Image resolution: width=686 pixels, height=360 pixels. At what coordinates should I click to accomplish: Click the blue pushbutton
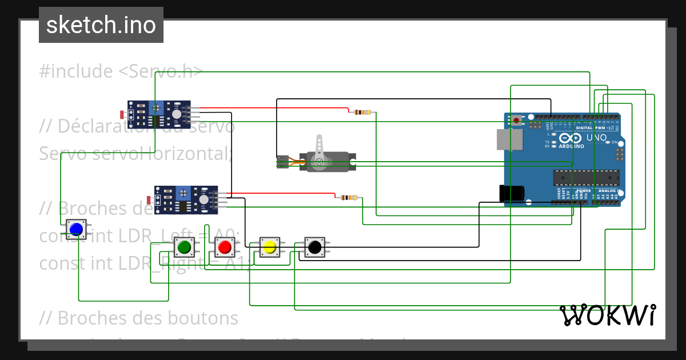(x=76, y=230)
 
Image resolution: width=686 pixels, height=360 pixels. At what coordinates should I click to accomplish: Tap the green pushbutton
(x=184, y=247)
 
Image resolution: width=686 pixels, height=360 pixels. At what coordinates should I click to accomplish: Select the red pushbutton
(x=224, y=247)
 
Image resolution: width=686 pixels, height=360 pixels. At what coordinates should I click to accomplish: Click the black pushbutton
(x=314, y=247)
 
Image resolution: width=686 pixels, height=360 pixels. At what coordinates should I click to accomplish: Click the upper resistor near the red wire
(x=362, y=112)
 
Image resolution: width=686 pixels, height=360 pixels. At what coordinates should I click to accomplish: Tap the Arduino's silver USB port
(x=509, y=139)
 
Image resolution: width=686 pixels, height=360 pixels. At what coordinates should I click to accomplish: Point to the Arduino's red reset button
(x=517, y=121)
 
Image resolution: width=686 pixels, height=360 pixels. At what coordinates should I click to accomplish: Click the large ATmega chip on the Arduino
(x=585, y=178)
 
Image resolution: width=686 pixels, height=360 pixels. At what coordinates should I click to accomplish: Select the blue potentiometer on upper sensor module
(x=155, y=107)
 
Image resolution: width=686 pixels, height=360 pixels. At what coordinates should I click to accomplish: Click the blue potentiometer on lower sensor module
(x=183, y=193)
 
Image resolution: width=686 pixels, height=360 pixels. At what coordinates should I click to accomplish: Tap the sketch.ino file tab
(x=101, y=25)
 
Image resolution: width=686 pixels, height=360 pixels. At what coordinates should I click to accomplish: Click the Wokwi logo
(x=607, y=315)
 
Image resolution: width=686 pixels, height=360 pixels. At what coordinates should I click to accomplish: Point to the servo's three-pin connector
(x=282, y=162)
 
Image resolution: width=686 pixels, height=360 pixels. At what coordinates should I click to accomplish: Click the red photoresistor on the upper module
(x=123, y=115)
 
